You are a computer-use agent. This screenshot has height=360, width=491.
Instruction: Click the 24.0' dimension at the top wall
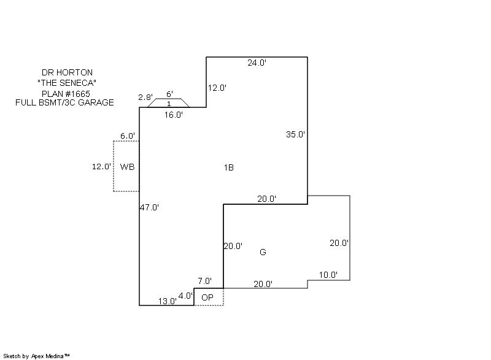point(257,63)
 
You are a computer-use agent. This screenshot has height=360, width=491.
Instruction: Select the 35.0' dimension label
point(295,134)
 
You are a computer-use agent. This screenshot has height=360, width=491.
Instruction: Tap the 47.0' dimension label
point(149,207)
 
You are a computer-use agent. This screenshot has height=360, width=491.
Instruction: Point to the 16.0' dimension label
point(174,115)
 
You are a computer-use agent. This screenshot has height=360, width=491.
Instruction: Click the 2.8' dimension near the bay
point(145,97)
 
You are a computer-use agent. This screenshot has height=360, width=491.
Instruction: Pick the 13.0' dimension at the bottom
point(167,301)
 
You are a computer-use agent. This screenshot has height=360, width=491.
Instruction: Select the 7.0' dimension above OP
point(205,281)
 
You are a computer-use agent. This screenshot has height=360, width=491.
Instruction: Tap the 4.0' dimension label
point(185,296)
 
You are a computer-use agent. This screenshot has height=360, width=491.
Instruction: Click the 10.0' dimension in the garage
point(328,275)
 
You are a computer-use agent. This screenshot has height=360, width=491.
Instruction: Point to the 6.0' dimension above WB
point(128,136)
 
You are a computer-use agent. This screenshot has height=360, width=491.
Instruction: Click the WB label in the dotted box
point(128,167)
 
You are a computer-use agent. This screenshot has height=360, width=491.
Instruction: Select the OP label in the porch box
point(207,297)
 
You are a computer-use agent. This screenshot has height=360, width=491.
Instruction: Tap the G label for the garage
point(263,252)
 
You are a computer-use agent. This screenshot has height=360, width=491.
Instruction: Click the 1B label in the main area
point(229,167)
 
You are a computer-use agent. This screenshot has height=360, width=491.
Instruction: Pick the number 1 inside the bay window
point(169,104)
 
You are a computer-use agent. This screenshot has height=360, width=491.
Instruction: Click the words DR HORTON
point(67,72)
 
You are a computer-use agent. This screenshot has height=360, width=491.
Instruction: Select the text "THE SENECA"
point(67,83)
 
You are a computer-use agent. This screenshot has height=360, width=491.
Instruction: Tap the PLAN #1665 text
point(66,93)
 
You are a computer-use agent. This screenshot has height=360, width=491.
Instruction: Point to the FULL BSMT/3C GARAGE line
point(64,102)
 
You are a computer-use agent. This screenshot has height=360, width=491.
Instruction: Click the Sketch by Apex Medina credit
point(36,356)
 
